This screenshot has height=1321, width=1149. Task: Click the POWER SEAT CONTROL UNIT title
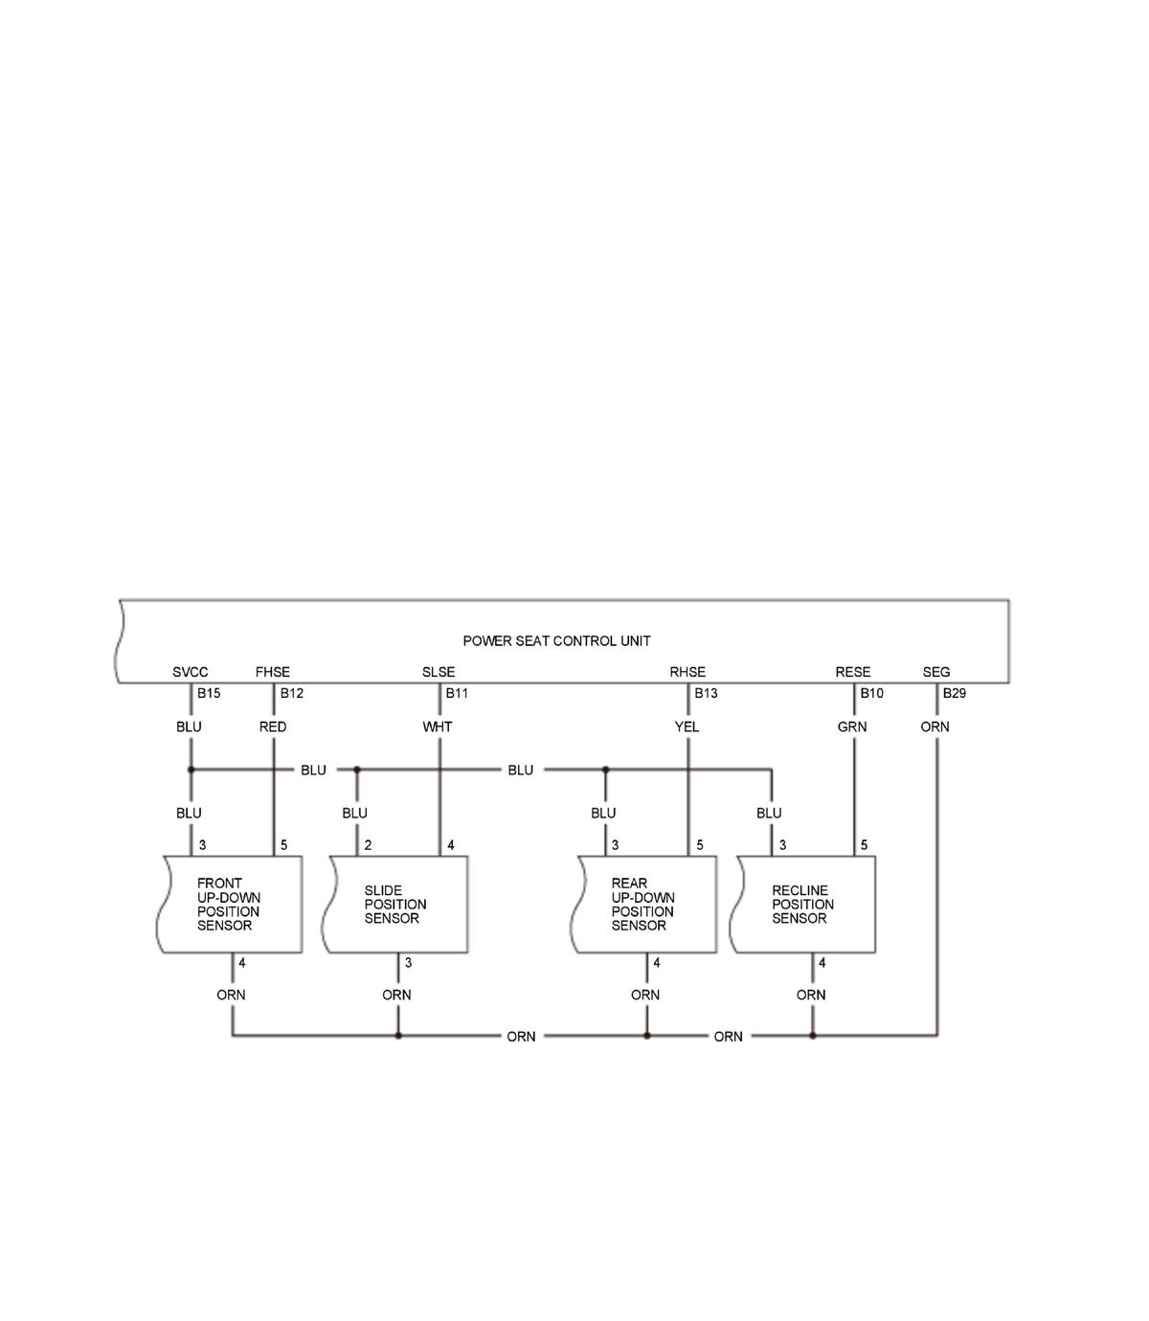click(x=556, y=641)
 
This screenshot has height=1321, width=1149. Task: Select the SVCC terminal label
click(x=190, y=672)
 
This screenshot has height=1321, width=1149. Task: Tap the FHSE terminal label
click(x=273, y=672)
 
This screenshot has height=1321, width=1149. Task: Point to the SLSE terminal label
click(x=439, y=672)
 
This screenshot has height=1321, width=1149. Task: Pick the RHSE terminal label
click(x=687, y=672)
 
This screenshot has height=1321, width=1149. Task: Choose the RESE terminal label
click(x=853, y=672)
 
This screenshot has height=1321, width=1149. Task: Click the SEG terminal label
click(x=936, y=672)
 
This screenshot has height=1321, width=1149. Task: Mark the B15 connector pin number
click(x=209, y=693)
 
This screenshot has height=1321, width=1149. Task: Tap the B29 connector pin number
click(x=955, y=693)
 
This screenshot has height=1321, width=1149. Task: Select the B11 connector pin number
click(x=457, y=693)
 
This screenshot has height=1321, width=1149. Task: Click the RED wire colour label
click(x=273, y=727)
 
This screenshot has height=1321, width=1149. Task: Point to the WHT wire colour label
click(x=438, y=727)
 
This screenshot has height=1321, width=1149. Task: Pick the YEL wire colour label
click(x=687, y=727)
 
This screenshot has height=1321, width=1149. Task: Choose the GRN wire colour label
click(x=852, y=727)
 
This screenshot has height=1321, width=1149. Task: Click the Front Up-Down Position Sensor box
click(x=230, y=905)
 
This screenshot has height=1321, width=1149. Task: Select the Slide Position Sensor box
click(x=395, y=905)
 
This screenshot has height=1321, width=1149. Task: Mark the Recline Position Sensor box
click(x=803, y=905)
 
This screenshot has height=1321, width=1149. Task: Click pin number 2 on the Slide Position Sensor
click(x=368, y=845)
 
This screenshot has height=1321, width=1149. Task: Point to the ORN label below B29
click(x=935, y=727)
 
